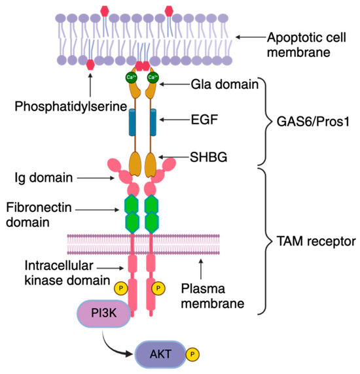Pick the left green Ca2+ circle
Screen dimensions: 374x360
pyautogui.click(x=131, y=78)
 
